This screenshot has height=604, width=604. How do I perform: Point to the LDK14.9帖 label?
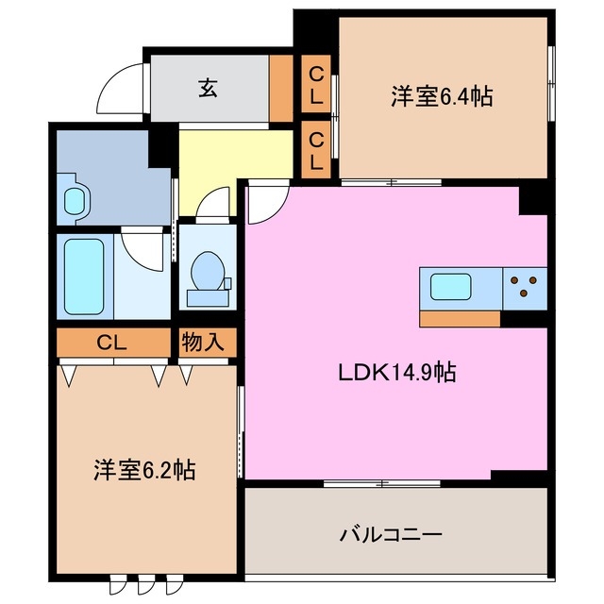point(396,372)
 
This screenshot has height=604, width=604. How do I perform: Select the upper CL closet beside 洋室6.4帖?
point(316,86)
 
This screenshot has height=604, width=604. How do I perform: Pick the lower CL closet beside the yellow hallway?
point(316,150)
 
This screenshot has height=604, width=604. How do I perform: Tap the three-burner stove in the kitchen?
point(524,286)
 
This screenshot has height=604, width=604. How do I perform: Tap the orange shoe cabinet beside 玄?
point(281,89)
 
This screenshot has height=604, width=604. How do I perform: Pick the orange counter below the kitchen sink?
point(460,319)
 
